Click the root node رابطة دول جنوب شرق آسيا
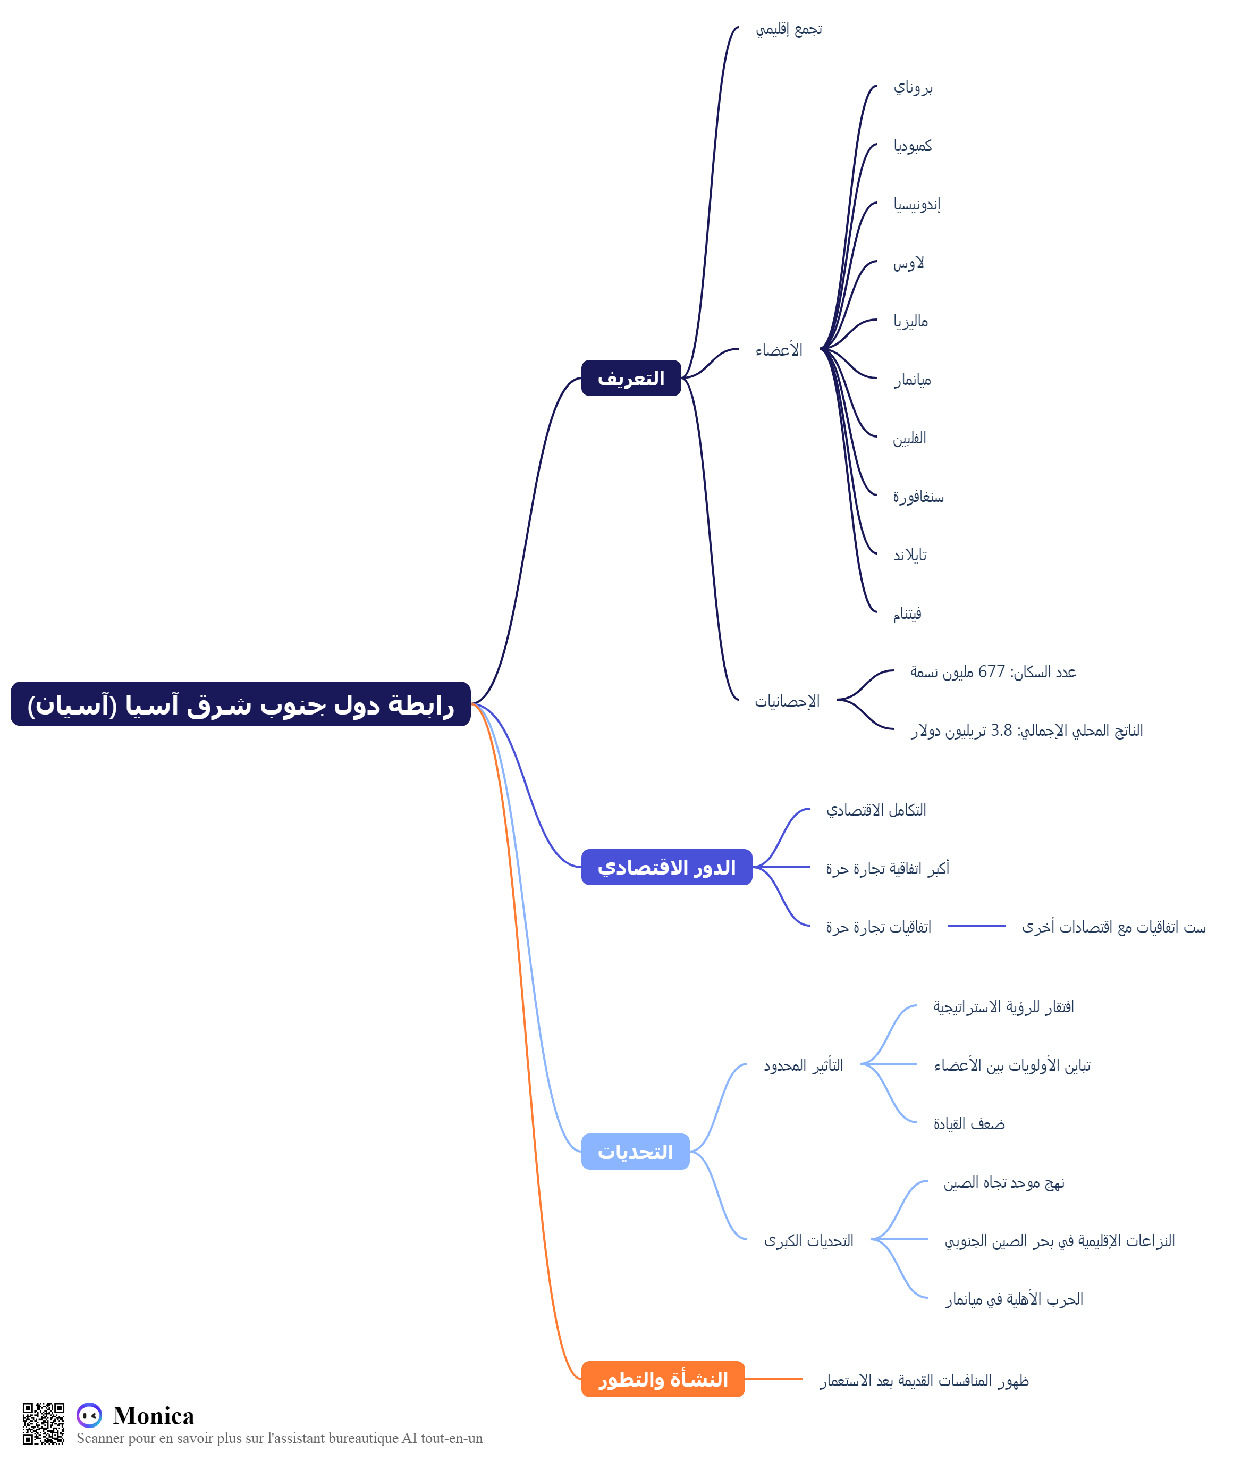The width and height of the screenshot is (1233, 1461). [x=240, y=704]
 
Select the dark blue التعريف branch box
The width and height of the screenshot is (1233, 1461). [x=631, y=378]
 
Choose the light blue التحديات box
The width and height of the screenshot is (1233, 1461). [x=636, y=1152]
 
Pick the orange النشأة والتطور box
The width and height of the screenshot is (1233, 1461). [x=663, y=1379]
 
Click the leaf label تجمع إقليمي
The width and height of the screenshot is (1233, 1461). [x=789, y=29]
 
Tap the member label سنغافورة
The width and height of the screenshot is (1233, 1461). [x=918, y=497]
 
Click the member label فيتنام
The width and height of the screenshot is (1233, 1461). [x=907, y=614]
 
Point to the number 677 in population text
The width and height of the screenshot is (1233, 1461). [x=991, y=672]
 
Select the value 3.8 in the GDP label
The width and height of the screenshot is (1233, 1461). [x=1001, y=731]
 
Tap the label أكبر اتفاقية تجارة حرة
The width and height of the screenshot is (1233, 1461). [x=888, y=868]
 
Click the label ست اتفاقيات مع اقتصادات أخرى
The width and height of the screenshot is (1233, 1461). [x=1114, y=927]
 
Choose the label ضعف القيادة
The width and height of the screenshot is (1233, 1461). [x=969, y=1124]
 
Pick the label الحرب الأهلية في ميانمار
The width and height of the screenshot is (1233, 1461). [x=1014, y=1299]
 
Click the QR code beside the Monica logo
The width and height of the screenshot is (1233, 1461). [x=44, y=1423]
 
